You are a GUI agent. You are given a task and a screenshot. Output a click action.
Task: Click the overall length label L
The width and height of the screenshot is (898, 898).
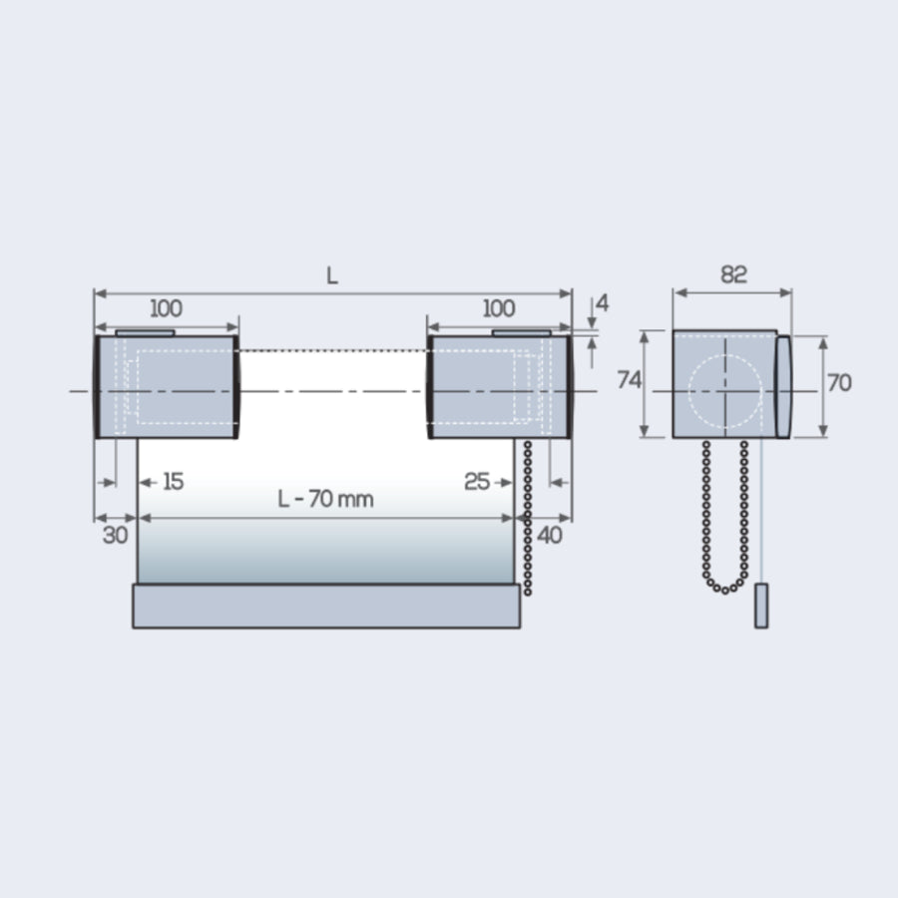pyautogui.click(x=332, y=276)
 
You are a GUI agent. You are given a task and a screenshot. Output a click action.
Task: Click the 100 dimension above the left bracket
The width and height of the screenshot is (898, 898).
pyautogui.click(x=166, y=308)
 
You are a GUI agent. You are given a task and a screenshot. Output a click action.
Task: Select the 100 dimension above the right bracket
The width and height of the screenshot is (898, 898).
pyautogui.click(x=499, y=308)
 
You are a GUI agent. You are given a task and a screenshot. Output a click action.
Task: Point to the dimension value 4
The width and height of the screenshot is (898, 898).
pyautogui.click(x=602, y=302)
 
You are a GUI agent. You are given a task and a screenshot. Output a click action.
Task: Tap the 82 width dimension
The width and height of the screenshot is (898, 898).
pyautogui.click(x=733, y=275)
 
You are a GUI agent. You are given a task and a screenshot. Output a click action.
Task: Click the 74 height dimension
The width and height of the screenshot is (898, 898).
pyautogui.click(x=629, y=380)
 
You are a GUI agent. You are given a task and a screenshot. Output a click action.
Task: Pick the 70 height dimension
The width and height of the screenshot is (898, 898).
pyautogui.click(x=840, y=382)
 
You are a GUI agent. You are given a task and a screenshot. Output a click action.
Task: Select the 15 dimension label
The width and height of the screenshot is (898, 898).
pyautogui.click(x=173, y=482)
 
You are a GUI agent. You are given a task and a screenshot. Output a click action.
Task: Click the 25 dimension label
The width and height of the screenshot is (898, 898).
pyautogui.click(x=477, y=482)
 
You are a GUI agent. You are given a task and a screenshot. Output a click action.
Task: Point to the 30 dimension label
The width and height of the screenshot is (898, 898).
pyautogui.click(x=116, y=535)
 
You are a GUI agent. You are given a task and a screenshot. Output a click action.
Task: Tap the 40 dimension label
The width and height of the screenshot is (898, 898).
pyautogui.click(x=550, y=535)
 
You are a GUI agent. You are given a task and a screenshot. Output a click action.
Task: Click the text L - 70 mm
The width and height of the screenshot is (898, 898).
pyautogui.click(x=325, y=499)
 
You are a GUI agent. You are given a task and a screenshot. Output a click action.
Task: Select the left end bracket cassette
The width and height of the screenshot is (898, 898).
pyautogui.click(x=167, y=387)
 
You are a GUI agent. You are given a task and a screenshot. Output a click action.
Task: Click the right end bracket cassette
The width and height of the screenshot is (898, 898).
pyautogui.click(x=499, y=387)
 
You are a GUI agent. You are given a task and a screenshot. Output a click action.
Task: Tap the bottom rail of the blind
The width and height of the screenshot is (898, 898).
pyautogui.click(x=326, y=607)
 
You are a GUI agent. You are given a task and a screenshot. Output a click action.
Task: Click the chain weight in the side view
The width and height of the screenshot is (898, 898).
pyautogui.click(x=761, y=607)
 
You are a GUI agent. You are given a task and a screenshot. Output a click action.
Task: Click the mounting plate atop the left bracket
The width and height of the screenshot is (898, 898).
pyautogui.click(x=145, y=332)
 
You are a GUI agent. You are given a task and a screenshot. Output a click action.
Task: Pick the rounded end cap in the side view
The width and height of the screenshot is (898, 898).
pyautogui.click(x=784, y=386)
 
